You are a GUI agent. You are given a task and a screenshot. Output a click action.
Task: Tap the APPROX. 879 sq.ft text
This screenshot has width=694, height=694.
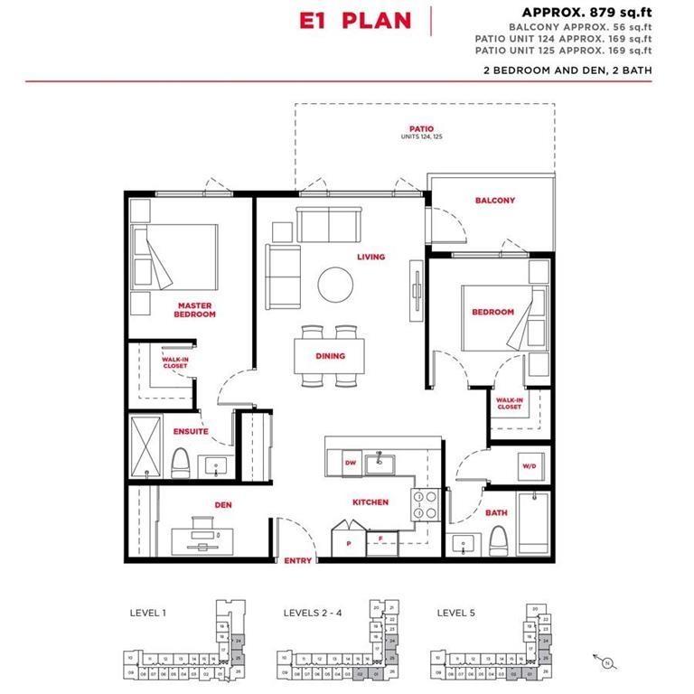click(x=586, y=12)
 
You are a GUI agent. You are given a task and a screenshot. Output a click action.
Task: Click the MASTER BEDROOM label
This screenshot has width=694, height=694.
click(x=195, y=310)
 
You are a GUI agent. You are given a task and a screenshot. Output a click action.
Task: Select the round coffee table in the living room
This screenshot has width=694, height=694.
click(x=335, y=284)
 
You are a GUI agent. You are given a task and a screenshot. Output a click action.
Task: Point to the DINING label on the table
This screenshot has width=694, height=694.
click(x=330, y=356)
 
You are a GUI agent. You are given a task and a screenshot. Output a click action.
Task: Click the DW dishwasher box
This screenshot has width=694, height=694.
click(x=349, y=464)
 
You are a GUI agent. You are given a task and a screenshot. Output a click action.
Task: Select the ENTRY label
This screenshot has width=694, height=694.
click(x=297, y=560)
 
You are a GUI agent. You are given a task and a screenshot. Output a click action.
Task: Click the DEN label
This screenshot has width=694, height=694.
click(x=223, y=505)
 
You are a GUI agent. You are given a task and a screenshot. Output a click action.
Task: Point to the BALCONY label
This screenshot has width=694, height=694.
click(x=495, y=200)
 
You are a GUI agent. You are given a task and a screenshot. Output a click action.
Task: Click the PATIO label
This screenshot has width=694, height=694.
click(x=422, y=129)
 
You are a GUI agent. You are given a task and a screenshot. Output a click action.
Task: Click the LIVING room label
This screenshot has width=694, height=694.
click(x=370, y=257)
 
